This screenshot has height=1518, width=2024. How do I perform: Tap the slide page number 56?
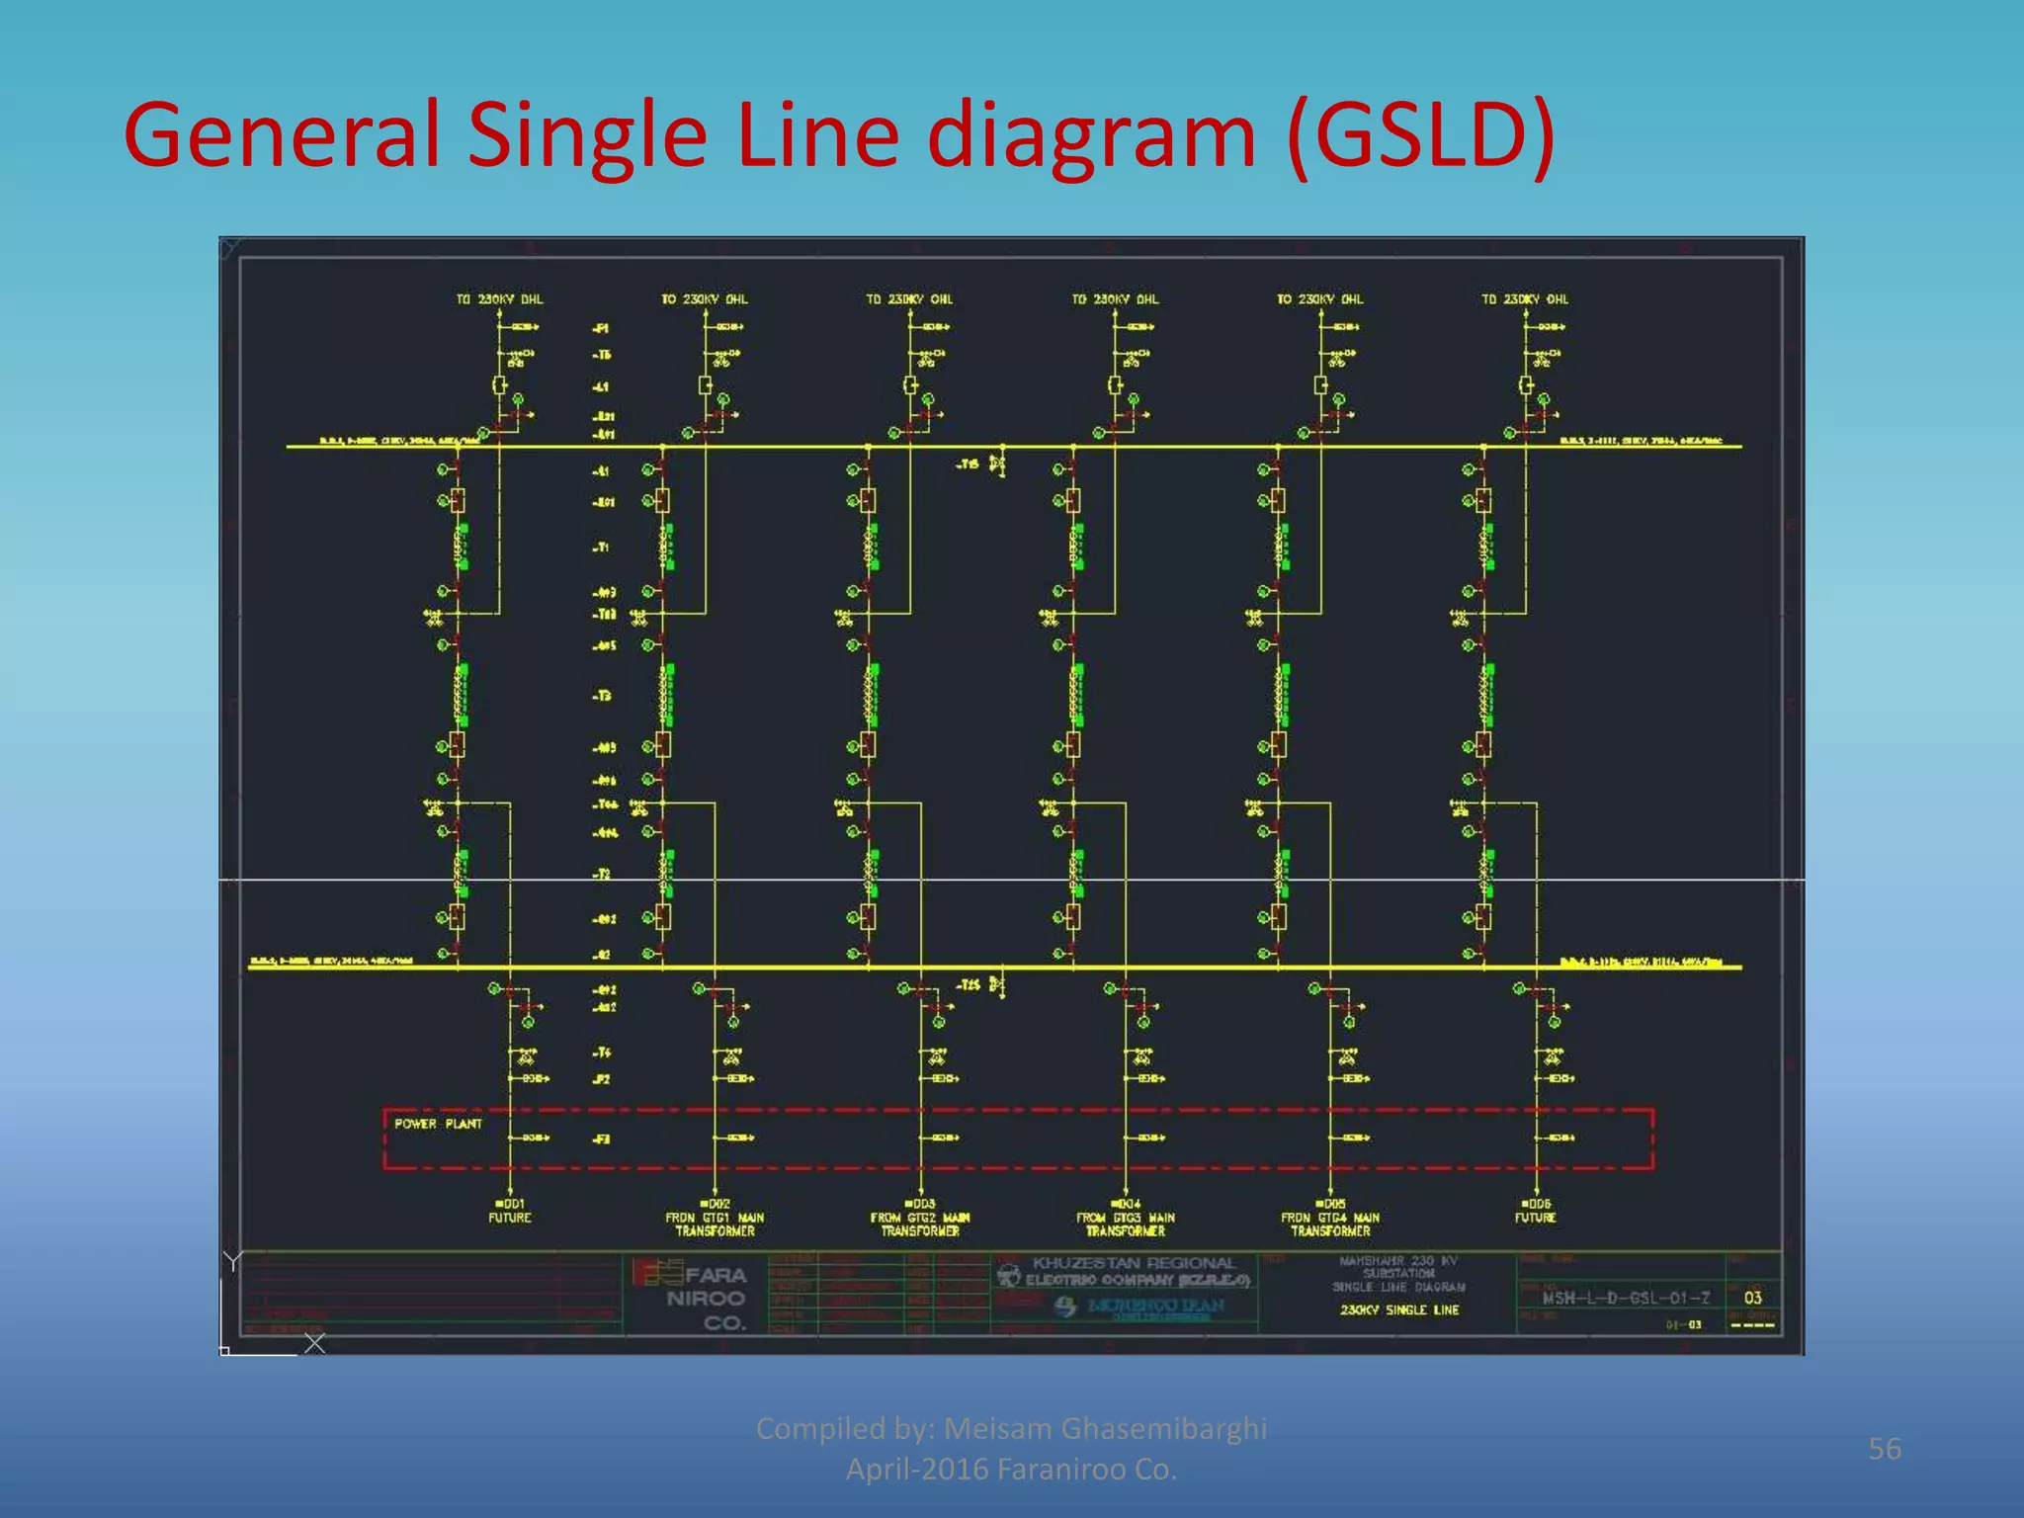point(1884,1449)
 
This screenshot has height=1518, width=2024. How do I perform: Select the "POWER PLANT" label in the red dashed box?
point(438,1124)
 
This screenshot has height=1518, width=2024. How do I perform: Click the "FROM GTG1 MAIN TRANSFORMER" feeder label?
point(715,1224)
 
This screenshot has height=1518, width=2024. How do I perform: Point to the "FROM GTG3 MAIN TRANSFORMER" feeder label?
point(1126,1224)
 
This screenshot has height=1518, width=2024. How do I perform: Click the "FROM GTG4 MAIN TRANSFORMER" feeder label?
point(1330,1224)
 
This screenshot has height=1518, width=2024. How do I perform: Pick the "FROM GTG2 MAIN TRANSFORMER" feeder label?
point(920,1224)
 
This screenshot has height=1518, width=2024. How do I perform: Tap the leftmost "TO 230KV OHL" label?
point(499,299)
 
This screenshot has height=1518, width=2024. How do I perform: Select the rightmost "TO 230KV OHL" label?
point(1525,299)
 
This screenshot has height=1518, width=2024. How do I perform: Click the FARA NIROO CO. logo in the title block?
point(692,1296)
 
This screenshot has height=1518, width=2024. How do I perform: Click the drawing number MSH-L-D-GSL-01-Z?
point(1626,1298)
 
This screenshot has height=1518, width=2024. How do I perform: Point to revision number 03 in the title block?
point(1753,1298)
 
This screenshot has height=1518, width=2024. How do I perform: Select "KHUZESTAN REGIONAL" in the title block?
point(1134,1263)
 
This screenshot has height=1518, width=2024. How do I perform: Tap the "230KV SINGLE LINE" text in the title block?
point(1399,1310)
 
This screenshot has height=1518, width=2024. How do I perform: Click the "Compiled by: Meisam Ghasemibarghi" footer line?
point(1011,1429)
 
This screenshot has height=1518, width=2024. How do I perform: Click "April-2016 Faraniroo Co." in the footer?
point(1011,1470)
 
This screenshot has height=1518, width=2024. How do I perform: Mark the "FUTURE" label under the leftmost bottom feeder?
point(510,1219)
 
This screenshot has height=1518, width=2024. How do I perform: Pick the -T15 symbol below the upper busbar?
point(996,464)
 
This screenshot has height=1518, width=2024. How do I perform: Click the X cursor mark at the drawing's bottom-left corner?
point(314,1343)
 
